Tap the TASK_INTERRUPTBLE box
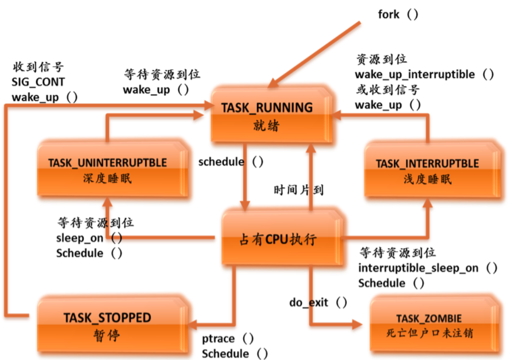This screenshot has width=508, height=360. pyautogui.click(x=427, y=170)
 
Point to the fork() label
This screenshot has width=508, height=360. pyautogui.click(x=397, y=14)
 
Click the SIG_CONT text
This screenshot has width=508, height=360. pyautogui.click(x=38, y=82)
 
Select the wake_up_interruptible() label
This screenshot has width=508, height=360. pyautogui.click(x=424, y=74)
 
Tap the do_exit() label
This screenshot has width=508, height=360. pyautogui.click(x=318, y=302)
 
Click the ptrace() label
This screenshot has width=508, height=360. pyautogui.click(x=228, y=339)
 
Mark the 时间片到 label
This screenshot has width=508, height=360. pyautogui.click(x=298, y=190)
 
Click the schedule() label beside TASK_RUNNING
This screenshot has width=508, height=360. pyautogui.click(x=230, y=162)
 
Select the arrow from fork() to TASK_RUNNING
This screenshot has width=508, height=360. pyautogui.click(x=317, y=52)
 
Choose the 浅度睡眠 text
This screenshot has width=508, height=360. pyautogui.click(x=427, y=179)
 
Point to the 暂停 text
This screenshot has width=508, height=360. pyautogui.click(x=107, y=335)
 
